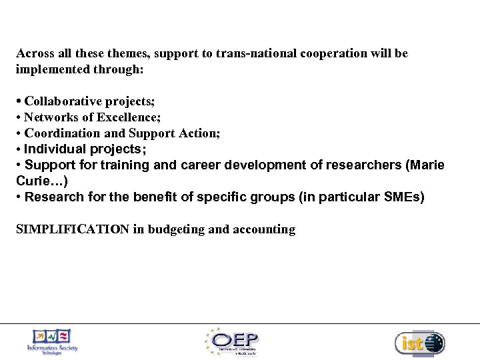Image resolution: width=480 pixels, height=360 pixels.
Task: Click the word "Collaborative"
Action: tap(63, 101)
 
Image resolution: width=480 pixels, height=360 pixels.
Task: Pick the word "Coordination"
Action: tap(57, 133)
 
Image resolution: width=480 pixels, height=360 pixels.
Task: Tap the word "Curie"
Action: tap(31, 180)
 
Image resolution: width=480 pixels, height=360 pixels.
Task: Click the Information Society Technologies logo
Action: tap(51, 341)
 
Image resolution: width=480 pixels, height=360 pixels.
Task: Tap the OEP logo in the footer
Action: tap(235, 341)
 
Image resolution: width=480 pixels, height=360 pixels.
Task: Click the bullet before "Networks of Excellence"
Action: tap(19, 118)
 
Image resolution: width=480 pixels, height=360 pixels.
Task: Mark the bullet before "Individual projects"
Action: tap(19, 149)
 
